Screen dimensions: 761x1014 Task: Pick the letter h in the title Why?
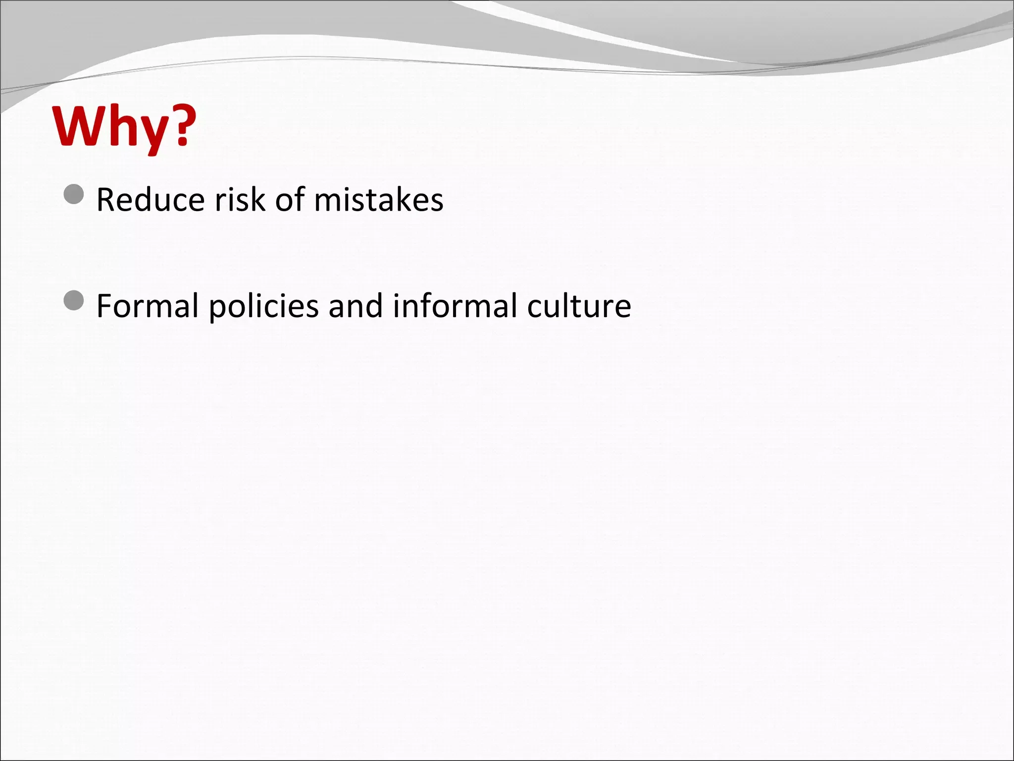(x=117, y=126)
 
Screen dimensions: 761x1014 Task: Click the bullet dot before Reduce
(x=74, y=195)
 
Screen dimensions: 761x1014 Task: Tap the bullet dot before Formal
(x=74, y=301)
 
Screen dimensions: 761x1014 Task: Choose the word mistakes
(x=379, y=200)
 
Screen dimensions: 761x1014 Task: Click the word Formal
(x=147, y=306)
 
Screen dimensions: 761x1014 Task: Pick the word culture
(x=579, y=306)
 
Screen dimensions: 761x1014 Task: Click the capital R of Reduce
(x=106, y=200)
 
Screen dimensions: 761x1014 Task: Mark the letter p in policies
(x=217, y=310)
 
